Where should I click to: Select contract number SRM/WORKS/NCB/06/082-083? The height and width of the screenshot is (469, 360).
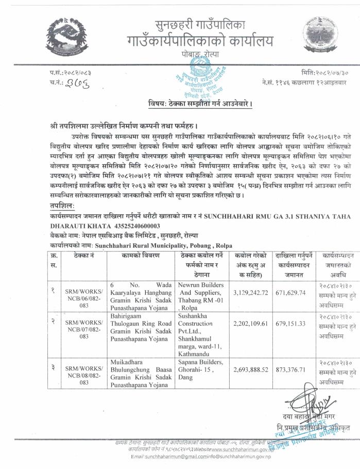point(84,299)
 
